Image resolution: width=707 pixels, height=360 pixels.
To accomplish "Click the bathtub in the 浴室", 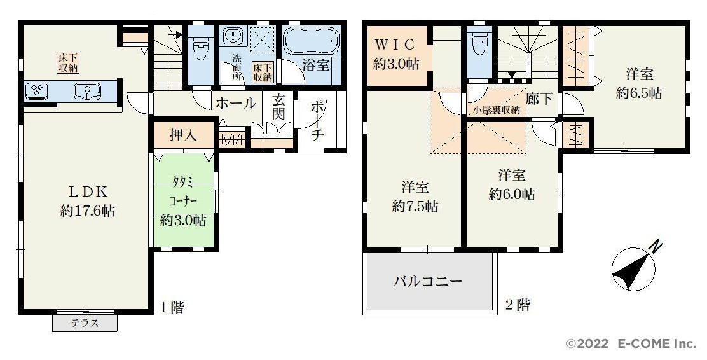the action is [311, 41].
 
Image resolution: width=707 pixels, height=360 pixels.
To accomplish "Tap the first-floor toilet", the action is [199, 46].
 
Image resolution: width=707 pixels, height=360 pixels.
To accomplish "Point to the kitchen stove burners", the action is [36, 91].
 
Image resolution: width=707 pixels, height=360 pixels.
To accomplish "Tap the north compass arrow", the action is [632, 270].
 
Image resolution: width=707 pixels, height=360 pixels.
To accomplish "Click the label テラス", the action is [85, 323].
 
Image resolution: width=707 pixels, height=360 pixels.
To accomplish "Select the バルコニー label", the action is [428, 282].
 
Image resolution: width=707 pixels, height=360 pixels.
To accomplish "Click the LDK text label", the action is [88, 191].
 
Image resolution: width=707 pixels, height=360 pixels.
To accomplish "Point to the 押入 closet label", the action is [183, 135].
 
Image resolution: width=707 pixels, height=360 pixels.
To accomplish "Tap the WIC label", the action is [395, 45].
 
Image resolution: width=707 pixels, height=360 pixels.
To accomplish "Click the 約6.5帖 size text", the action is [639, 93].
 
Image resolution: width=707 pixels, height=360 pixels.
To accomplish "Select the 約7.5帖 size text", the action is [415, 207].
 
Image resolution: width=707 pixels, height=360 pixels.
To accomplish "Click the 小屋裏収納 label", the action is [497, 109].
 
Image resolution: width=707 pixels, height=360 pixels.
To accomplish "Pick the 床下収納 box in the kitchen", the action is [69, 63].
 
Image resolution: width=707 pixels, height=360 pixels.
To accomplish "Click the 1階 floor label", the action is [172, 308].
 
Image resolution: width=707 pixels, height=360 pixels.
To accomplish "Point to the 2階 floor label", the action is [517, 305].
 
